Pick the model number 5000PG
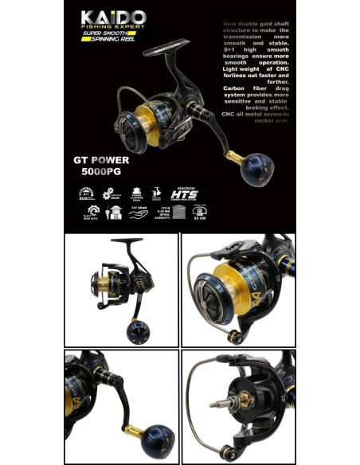pos(100,170)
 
